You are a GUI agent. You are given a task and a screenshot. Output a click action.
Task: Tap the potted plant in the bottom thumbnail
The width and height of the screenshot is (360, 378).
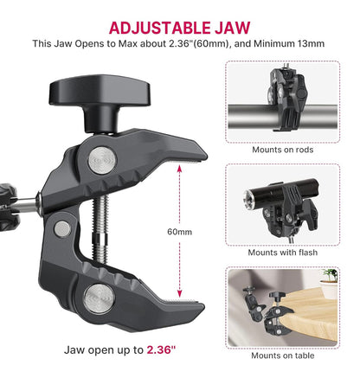(x=330, y=276)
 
